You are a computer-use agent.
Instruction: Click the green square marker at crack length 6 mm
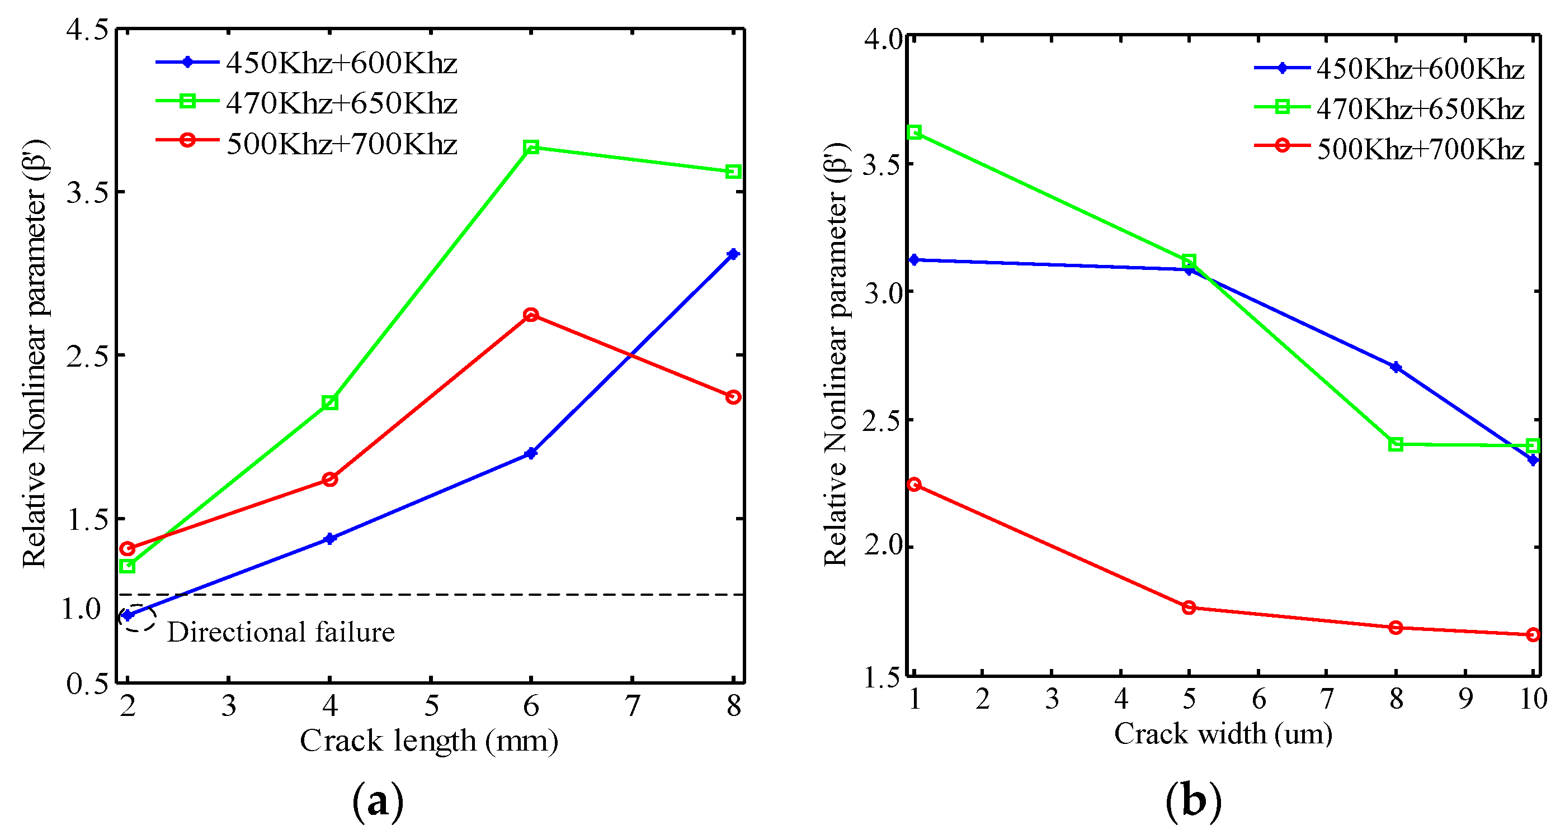click(x=531, y=148)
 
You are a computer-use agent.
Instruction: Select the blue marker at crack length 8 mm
click(x=733, y=254)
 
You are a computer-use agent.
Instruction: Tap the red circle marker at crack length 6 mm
click(x=531, y=315)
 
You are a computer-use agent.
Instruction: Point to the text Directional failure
click(x=281, y=633)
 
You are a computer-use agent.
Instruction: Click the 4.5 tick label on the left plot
click(x=87, y=30)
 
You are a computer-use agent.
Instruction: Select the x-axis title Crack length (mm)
click(x=429, y=741)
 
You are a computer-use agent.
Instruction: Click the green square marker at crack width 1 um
click(x=915, y=132)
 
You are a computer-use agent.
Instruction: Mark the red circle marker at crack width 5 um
click(x=1189, y=608)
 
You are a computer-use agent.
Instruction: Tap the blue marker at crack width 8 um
click(x=1396, y=367)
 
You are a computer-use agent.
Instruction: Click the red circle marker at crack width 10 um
click(x=1533, y=634)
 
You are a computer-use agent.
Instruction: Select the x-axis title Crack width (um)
click(x=1223, y=734)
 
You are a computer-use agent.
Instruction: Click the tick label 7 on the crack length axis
click(x=633, y=706)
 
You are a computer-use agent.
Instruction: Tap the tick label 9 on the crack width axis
click(x=1465, y=699)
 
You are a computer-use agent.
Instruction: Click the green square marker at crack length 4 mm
click(x=330, y=402)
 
